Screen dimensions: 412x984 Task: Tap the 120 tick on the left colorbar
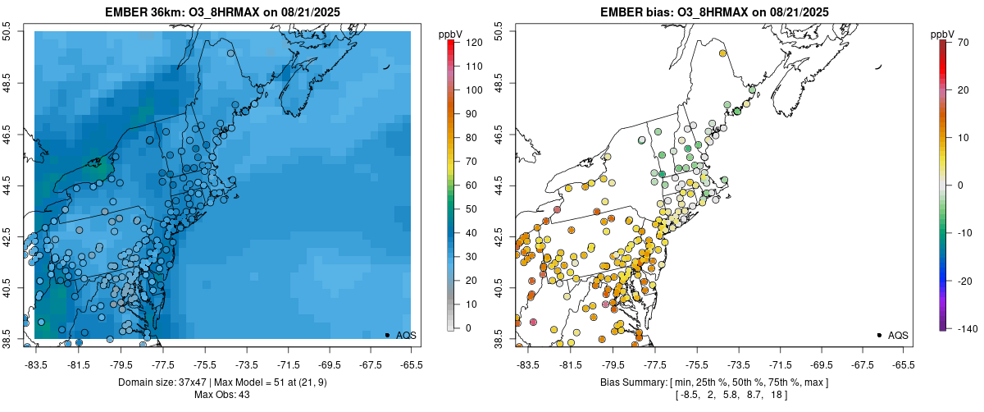[473, 41]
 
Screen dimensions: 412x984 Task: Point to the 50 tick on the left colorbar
[471, 208]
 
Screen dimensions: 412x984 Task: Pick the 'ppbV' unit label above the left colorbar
[450, 34]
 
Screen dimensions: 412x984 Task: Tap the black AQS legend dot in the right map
[879, 335]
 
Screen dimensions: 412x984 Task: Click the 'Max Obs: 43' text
[221, 395]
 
